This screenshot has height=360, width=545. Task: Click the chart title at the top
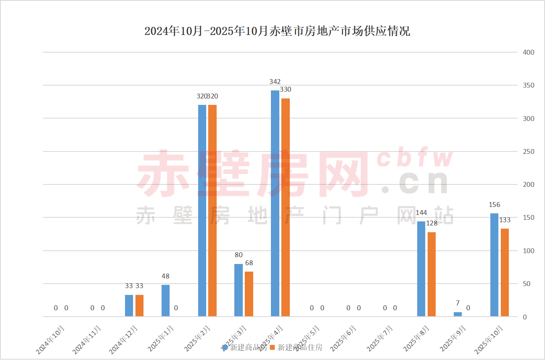pos(277,31)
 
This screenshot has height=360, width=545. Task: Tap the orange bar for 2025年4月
pos(285,207)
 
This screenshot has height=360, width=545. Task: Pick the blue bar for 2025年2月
pos(202,211)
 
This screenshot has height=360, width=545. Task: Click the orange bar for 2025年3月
pos(249,294)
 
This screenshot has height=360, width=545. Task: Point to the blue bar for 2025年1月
pos(165,301)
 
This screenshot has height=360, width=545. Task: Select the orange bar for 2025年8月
pos(432,274)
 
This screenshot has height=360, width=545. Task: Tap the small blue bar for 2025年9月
pos(458,314)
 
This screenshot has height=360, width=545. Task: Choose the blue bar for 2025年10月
pos(494,265)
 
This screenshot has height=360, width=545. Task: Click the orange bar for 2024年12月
pos(139,306)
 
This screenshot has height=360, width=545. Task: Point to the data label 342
pos(275,82)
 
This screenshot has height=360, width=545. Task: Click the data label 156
pos(494,205)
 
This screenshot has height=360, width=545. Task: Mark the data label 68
pos(249,263)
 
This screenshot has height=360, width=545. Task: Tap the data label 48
pos(165,276)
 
